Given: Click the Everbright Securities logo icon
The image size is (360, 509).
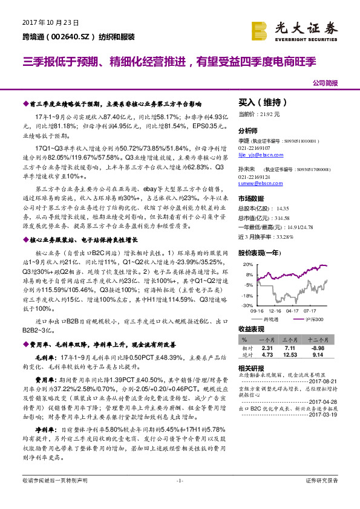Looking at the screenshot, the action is [259, 30].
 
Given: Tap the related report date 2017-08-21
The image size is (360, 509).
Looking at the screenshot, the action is [324, 382].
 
